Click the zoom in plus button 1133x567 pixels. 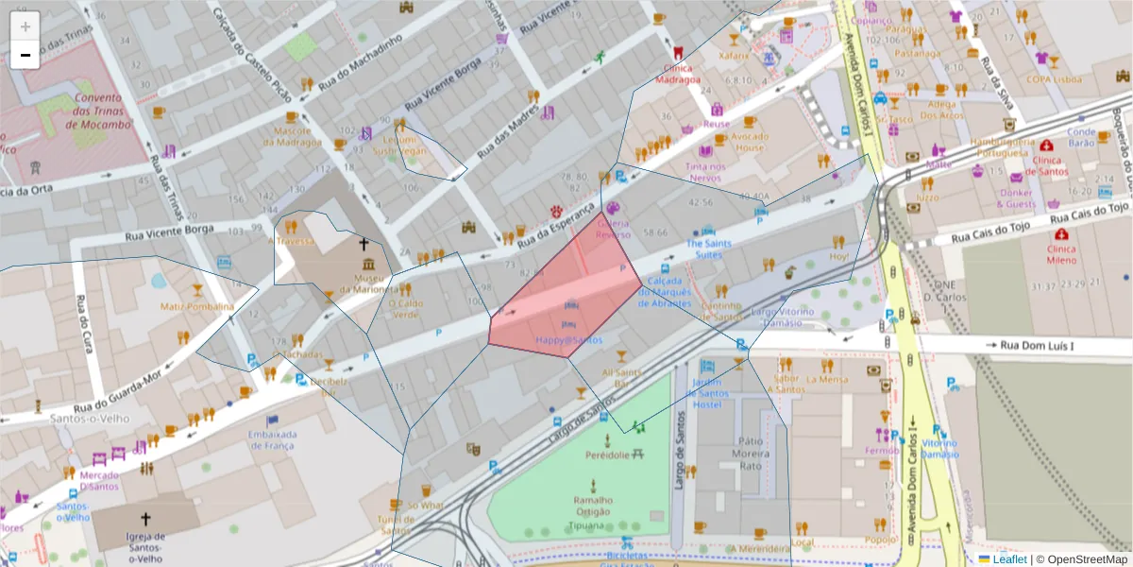[25, 26]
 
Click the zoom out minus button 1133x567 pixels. [25, 55]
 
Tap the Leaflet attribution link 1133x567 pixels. [1008, 558]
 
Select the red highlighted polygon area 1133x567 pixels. [566, 293]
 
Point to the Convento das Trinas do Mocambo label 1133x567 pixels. [98, 111]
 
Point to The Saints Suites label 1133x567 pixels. [709, 249]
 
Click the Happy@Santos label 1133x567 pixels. [568, 339]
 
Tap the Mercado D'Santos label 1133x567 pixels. [100, 480]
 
